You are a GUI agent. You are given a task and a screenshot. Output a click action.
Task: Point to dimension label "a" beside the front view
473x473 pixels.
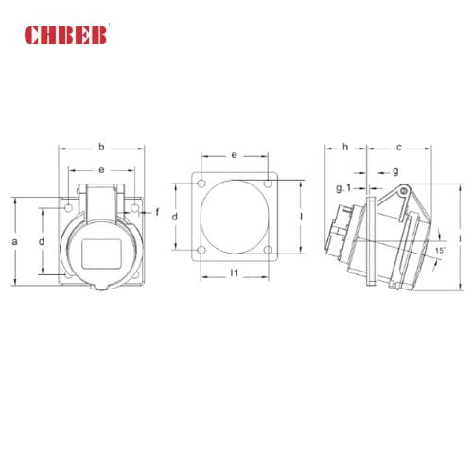[x=15, y=242]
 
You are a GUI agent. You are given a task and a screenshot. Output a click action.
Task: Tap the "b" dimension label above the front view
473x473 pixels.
[x=101, y=147]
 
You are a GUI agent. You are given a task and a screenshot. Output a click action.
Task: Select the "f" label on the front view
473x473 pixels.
[x=157, y=210]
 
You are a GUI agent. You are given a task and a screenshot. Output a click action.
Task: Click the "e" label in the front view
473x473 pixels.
[x=101, y=169]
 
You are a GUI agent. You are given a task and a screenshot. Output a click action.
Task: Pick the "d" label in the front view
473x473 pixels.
[x=42, y=242]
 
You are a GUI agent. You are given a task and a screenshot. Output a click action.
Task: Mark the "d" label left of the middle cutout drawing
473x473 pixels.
[x=176, y=217]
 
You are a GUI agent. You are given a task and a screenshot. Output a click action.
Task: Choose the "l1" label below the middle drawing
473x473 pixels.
[x=233, y=273]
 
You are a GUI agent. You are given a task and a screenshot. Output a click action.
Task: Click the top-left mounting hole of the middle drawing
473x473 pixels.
[x=200, y=183]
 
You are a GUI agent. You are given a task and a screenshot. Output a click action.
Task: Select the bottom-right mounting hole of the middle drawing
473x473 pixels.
[x=268, y=251]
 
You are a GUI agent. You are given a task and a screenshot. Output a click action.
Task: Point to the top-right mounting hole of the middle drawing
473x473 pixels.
[x=268, y=183]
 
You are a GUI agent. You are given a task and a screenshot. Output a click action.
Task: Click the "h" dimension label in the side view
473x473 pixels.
[x=345, y=147]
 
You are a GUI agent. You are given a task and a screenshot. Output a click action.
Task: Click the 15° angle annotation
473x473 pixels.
[x=440, y=250]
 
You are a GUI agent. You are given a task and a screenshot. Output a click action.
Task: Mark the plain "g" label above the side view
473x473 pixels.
[x=394, y=171]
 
